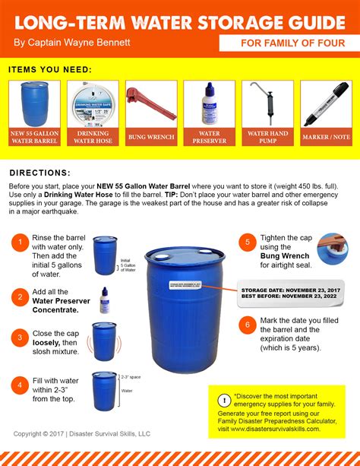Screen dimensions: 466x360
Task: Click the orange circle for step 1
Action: pos(19,243)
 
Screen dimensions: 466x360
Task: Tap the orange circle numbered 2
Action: pos(19,297)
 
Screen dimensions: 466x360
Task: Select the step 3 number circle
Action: pos(19,336)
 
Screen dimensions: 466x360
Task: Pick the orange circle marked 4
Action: pos(19,385)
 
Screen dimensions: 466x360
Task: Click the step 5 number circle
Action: pos(246,243)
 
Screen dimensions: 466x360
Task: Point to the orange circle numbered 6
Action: pos(246,324)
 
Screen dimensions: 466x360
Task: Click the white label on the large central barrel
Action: pos(185,285)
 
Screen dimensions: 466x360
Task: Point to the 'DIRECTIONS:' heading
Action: pos(40,173)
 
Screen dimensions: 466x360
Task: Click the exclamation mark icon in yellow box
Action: pos(224,401)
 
